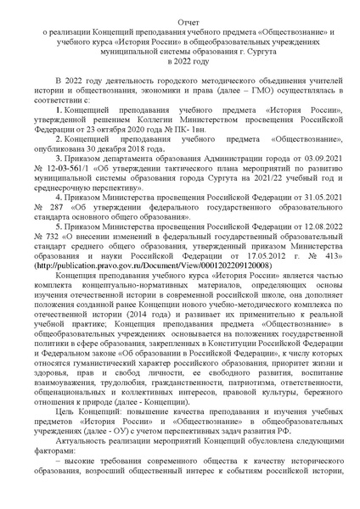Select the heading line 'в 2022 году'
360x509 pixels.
[180, 61]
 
